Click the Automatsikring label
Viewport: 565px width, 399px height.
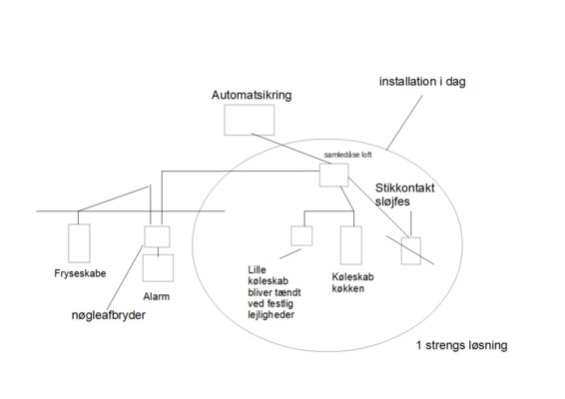(252, 95)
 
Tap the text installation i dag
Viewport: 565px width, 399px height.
(422, 82)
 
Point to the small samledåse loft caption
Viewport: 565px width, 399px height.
(347, 155)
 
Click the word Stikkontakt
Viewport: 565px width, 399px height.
(404, 188)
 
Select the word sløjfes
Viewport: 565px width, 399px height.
(392, 201)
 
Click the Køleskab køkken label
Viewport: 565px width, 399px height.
(347, 282)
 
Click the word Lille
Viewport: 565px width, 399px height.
(257, 270)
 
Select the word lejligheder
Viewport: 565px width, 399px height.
(271, 315)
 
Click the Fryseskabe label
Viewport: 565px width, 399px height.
(80, 273)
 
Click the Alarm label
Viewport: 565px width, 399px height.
(156, 296)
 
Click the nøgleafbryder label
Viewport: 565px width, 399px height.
(109, 315)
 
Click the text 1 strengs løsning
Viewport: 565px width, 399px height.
(462, 345)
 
